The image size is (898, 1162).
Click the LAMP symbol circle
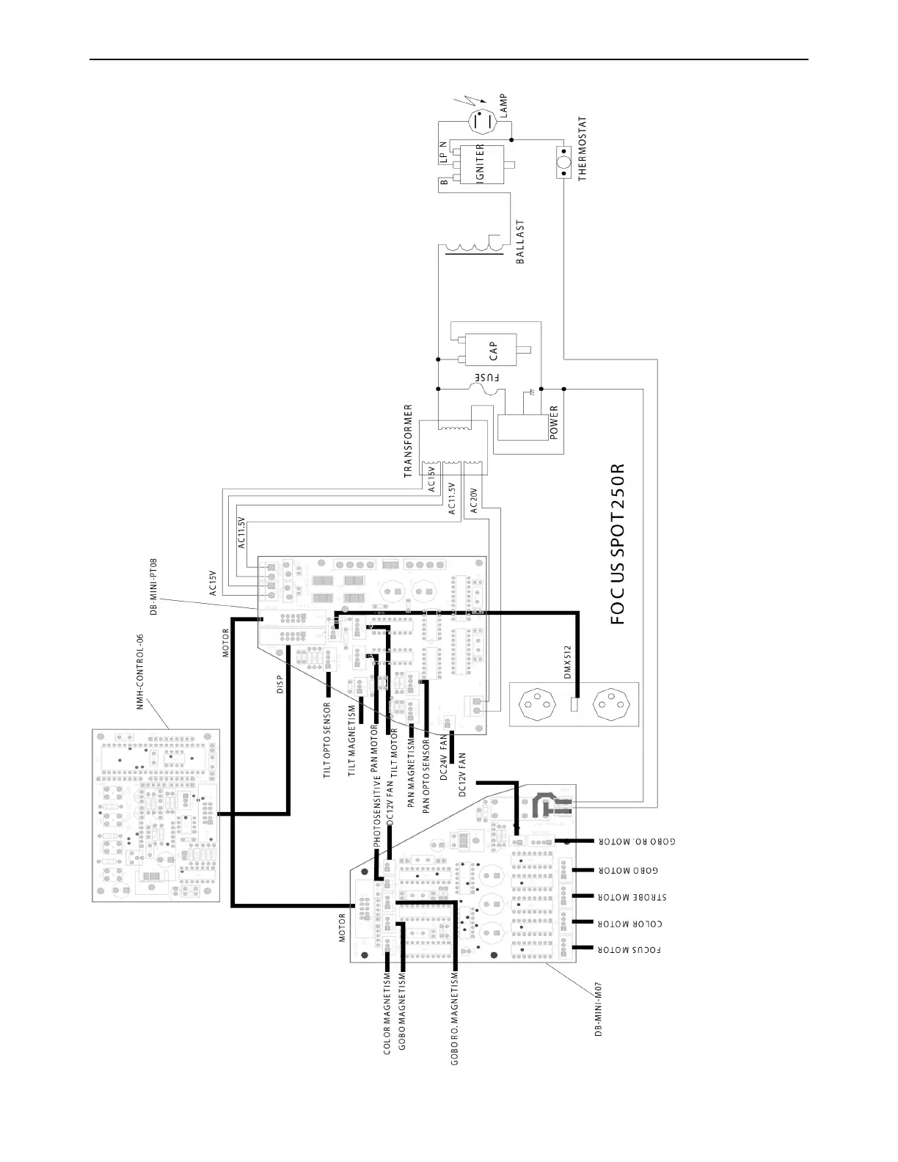[482, 122]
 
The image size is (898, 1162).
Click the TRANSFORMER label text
[409, 442]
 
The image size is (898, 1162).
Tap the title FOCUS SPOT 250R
[618, 544]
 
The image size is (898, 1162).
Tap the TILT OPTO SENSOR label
[328, 739]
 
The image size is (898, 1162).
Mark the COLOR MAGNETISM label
[387, 1014]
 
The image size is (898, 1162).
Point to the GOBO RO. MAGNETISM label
[455, 1018]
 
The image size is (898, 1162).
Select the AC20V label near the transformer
[474, 501]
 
